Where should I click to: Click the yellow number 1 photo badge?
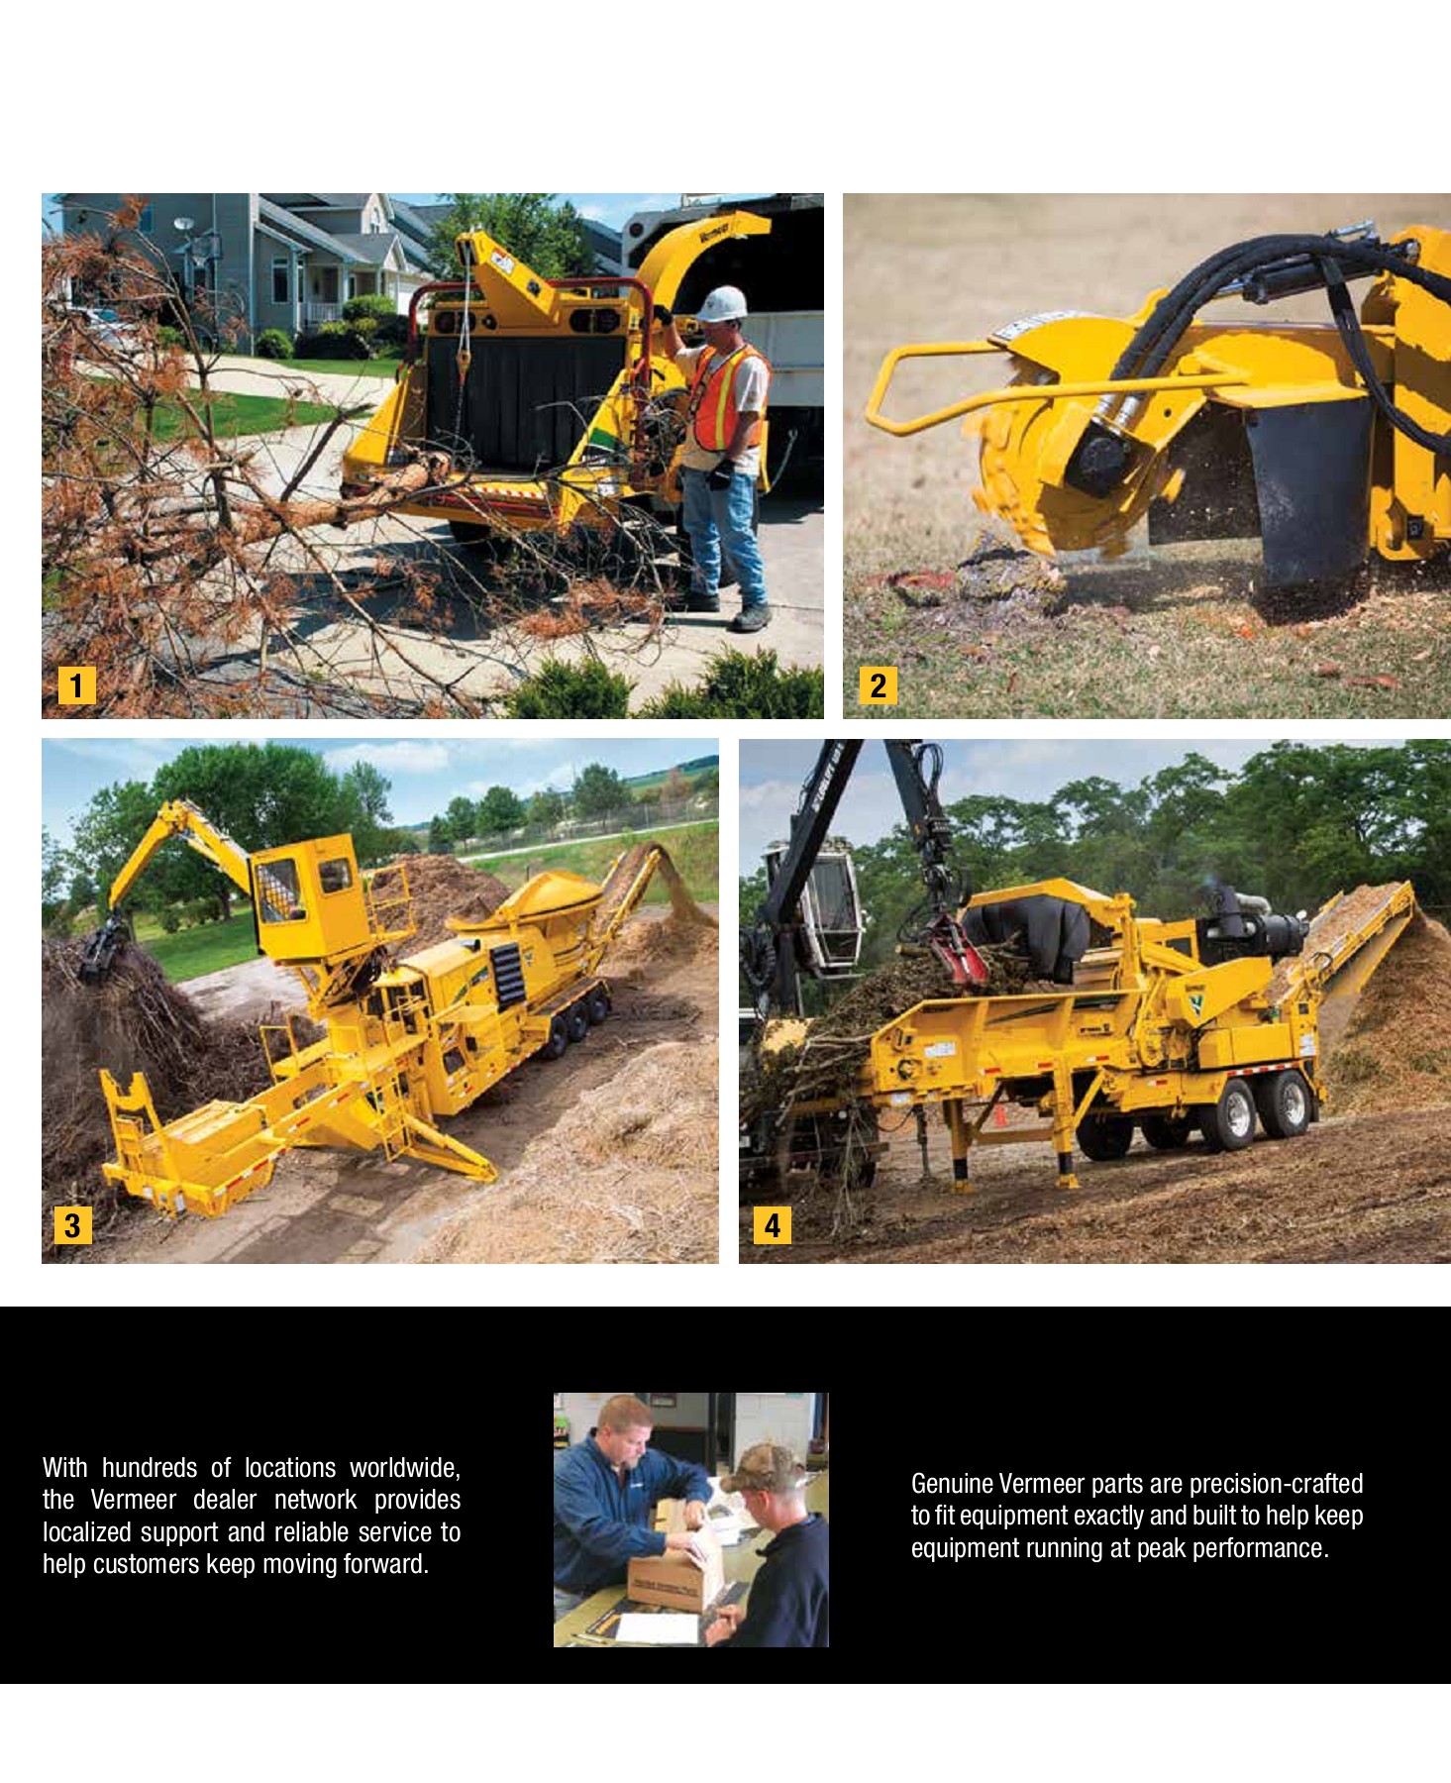point(77,685)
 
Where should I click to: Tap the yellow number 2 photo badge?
point(878,685)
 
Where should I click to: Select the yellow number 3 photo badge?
point(72,1225)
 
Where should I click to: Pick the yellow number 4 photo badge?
point(773,1225)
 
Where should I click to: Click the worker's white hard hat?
point(722,303)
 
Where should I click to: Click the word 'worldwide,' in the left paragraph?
point(405,1468)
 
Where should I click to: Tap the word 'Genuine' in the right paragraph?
point(952,1484)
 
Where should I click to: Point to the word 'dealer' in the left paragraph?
point(225,1500)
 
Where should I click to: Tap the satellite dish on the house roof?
point(184,225)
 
